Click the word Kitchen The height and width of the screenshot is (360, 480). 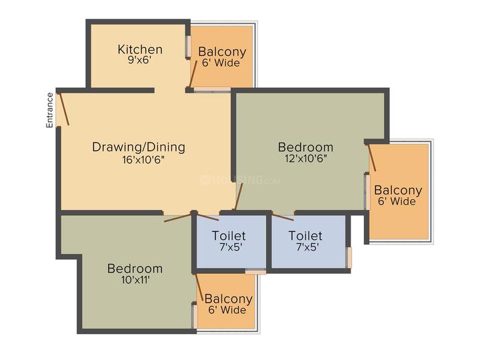click(140, 49)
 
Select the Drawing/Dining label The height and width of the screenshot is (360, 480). click(139, 147)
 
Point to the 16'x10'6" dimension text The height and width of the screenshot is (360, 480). click(143, 160)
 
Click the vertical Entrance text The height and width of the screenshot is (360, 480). click(49, 109)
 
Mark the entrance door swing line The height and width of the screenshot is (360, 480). click(64, 109)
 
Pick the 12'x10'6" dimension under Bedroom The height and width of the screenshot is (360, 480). click(306, 159)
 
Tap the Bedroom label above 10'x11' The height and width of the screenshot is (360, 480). click(135, 269)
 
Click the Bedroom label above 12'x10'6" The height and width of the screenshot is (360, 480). click(305, 147)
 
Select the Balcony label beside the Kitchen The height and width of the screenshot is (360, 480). click(222, 52)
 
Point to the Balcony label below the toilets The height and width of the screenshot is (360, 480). click(229, 299)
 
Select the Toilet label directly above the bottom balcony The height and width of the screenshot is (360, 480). click(229, 236)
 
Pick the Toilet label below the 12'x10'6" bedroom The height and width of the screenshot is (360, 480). click(305, 236)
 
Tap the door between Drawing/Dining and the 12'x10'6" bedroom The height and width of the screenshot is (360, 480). click(239, 197)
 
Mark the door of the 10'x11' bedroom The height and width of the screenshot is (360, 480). click(177, 217)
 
